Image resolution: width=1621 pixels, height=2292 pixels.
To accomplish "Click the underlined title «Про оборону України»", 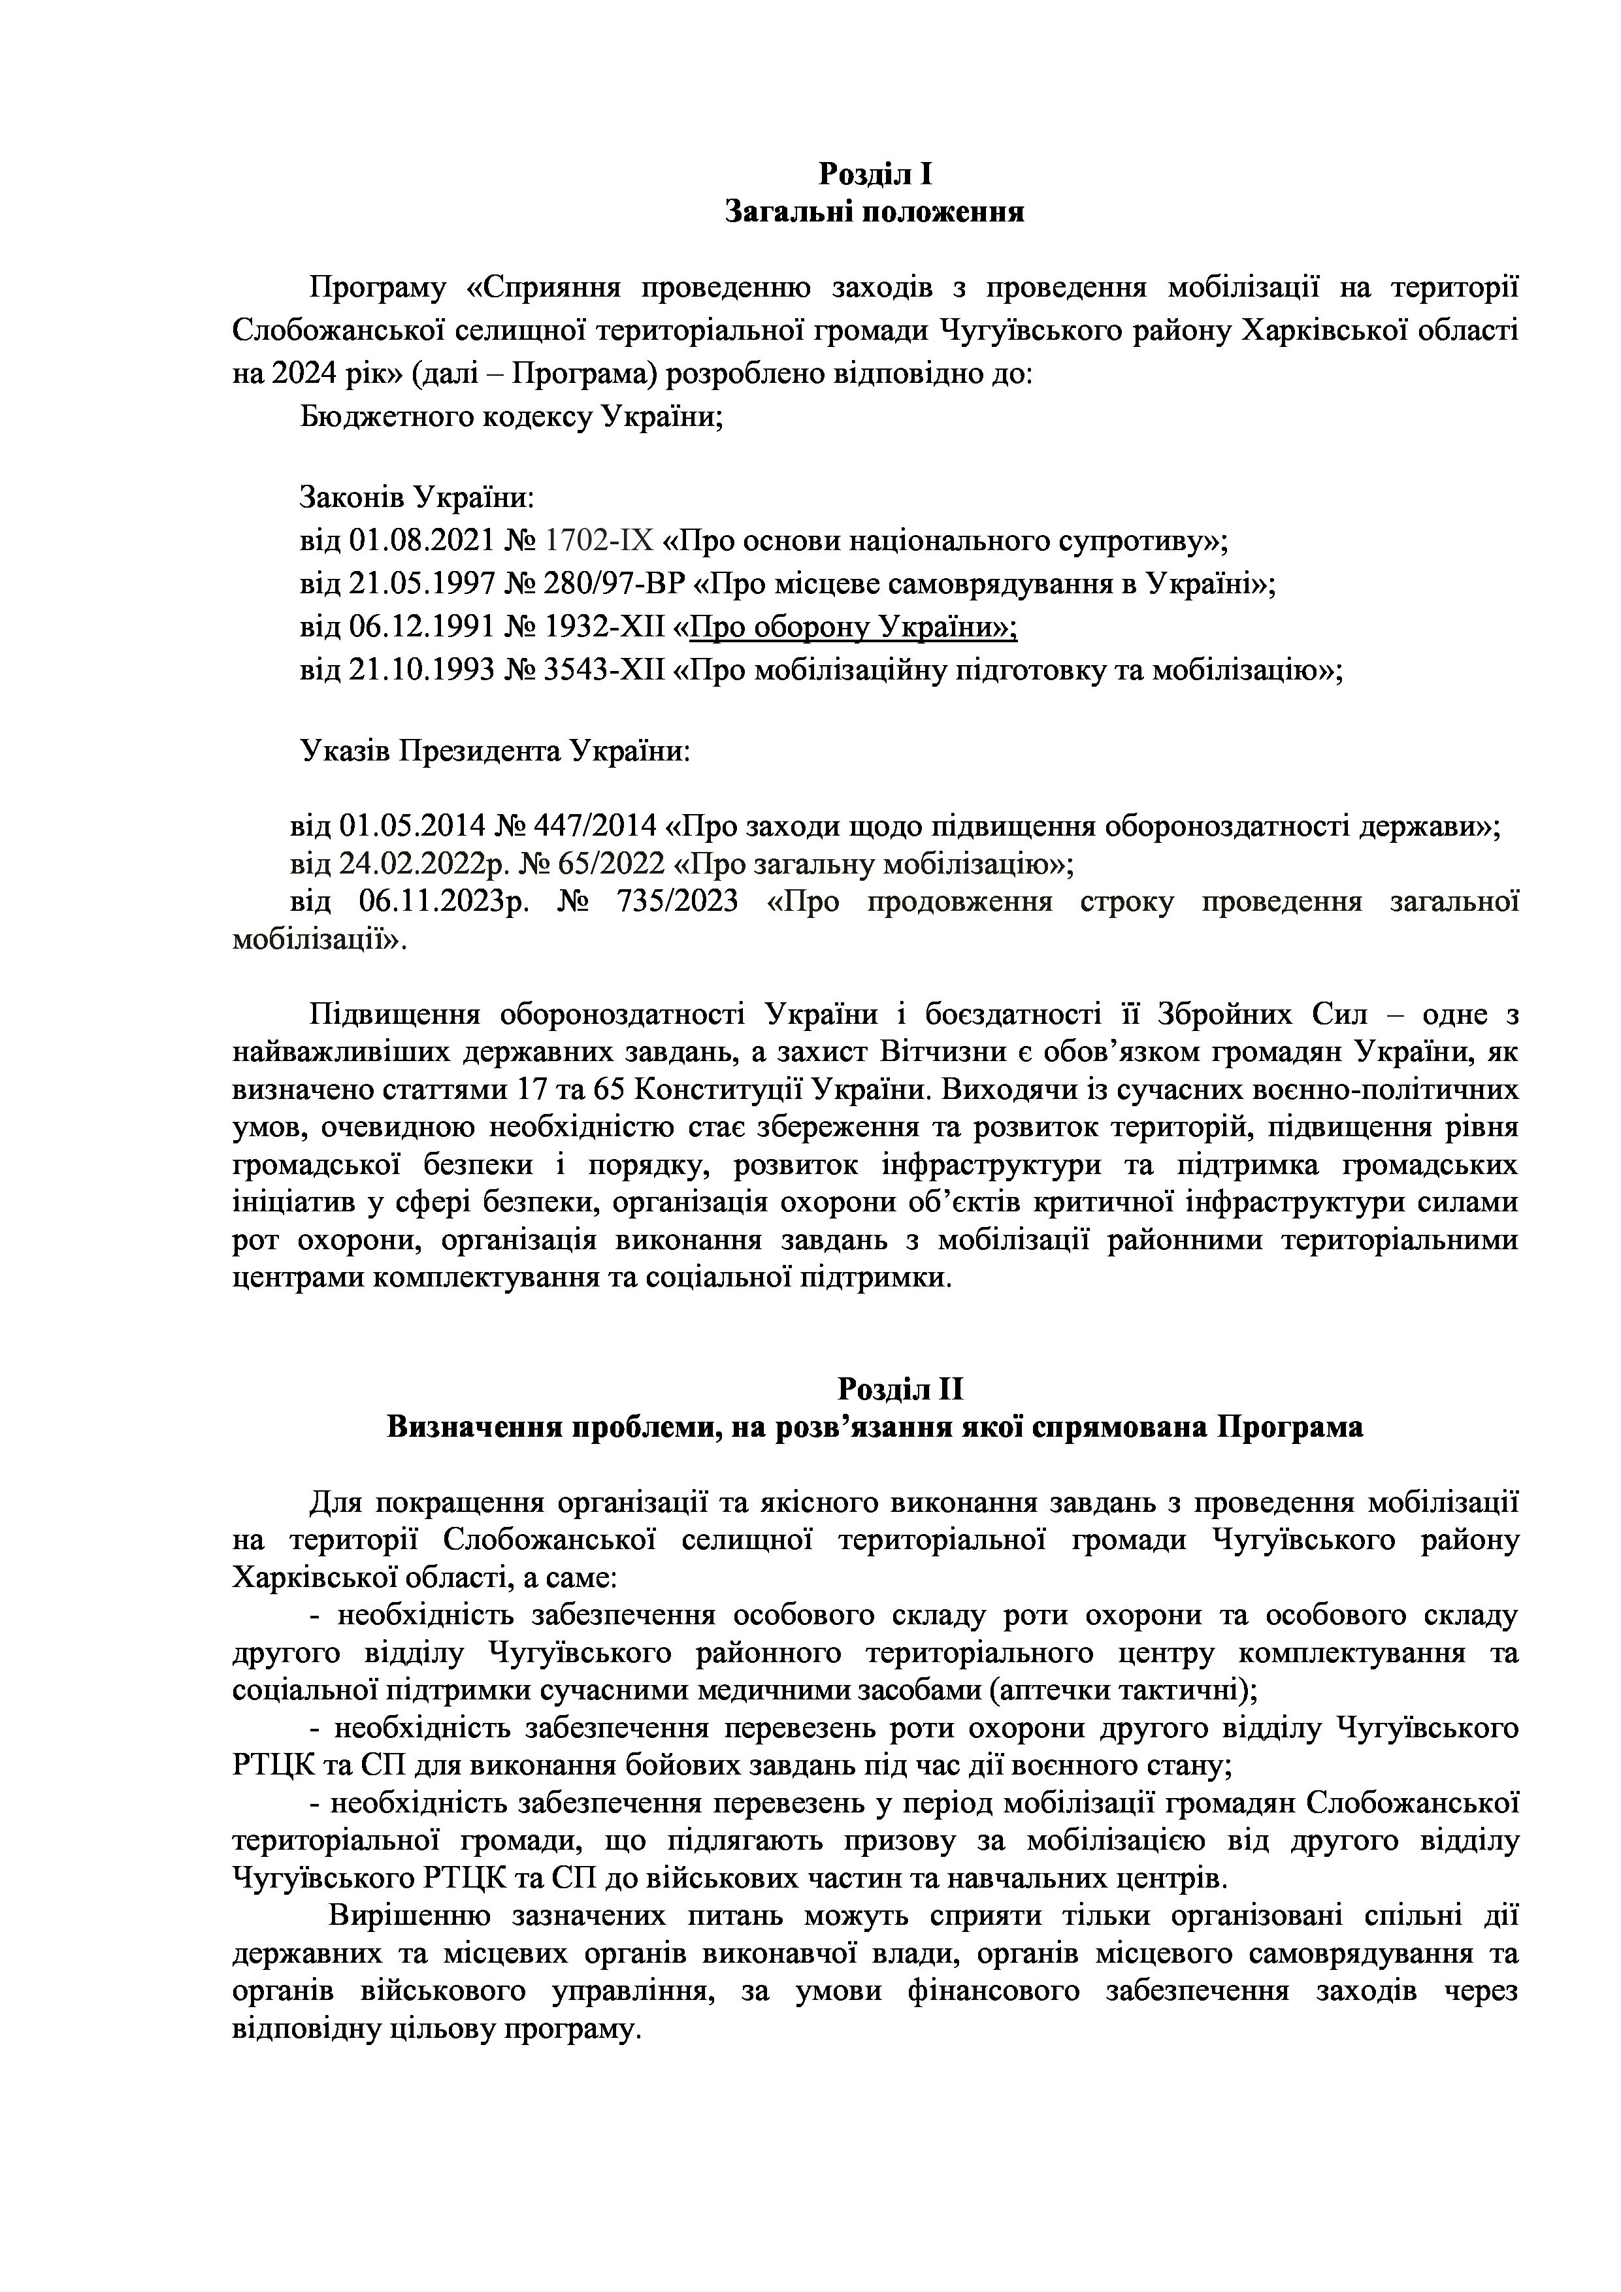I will tap(853, 627).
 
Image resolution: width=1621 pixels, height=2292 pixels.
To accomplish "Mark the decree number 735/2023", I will tap(679, 902).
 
